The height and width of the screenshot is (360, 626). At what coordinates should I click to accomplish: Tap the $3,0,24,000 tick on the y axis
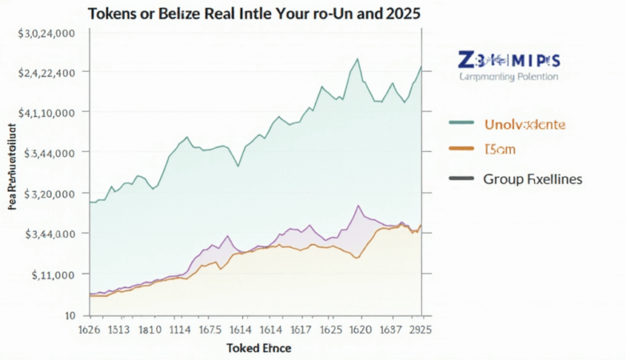pos(46,34)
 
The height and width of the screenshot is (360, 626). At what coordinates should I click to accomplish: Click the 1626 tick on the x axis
pos(89,329)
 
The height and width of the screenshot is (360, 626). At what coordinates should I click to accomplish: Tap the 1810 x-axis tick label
pos(151,329)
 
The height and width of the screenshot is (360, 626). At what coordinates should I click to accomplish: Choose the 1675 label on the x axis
pos(211,329)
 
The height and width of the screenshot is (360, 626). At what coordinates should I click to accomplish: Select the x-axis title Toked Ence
pos(258,349)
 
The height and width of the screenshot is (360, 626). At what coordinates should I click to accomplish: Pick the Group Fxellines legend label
pos(532,179)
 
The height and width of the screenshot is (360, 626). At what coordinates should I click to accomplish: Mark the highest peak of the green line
pos(357,58)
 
